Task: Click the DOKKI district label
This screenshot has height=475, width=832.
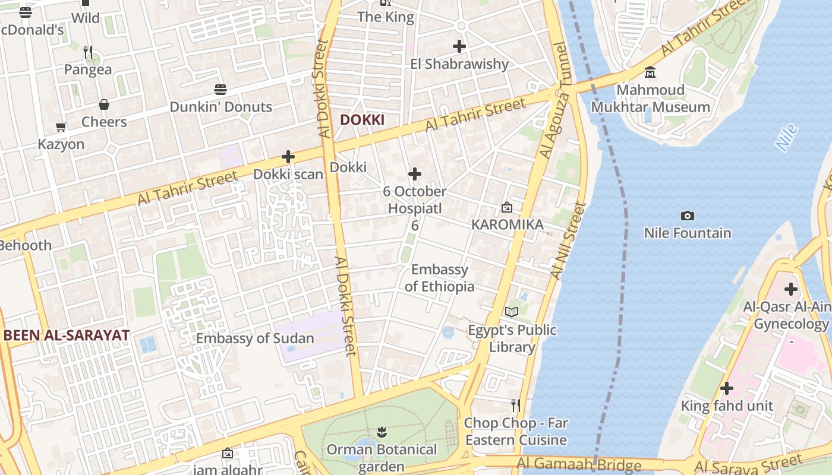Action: pyautogui.click(x=362, y=120)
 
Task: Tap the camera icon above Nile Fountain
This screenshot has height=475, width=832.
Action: pyautogui.click(x=688, y=216)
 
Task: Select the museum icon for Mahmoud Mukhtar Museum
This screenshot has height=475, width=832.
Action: pyautogui.click(x=650, y=72)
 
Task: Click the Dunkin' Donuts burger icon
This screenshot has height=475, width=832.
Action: pyautogui.click(x=220, y=90)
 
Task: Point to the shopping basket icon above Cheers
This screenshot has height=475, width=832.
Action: pyautogui.click(x=104, y=105)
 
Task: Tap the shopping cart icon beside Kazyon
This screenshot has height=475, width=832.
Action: pyautogui.click(x=61, y=126)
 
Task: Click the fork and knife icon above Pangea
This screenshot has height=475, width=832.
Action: pyautogui.click(x=88, y=52)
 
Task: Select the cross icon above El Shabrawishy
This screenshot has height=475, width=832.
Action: pyautogui.click(x=459, y=46)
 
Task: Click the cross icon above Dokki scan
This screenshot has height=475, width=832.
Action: pyautogui.click(x=288, y=157)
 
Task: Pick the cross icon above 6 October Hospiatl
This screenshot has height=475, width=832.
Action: pyautogui.click(x=415, y=174)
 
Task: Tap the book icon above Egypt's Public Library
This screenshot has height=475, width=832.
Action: pyautogui.click(x=512, y=312)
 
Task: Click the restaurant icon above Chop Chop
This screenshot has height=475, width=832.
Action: pyautogui.click(x=516, y=406)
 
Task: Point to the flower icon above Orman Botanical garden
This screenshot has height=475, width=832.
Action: pyautogui.click(x=382, y=432)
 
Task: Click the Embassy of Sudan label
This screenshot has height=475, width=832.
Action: pyautogui.click(x=255, y=338)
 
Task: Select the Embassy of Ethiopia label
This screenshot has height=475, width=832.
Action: pyautogui.click(x=440, y=278)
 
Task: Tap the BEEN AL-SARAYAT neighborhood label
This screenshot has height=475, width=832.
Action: pyautogui.click(x=66, y=335)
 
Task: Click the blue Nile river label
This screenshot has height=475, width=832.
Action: pyautogui.click(x=786, y=138)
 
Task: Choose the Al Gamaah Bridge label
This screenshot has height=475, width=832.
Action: pyautogui.click(x=579, y=464)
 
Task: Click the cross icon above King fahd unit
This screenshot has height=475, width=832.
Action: pyautogui.click(x=726, y=389)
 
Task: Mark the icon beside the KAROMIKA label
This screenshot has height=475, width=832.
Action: pyautogui.click(x=506, y=207)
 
